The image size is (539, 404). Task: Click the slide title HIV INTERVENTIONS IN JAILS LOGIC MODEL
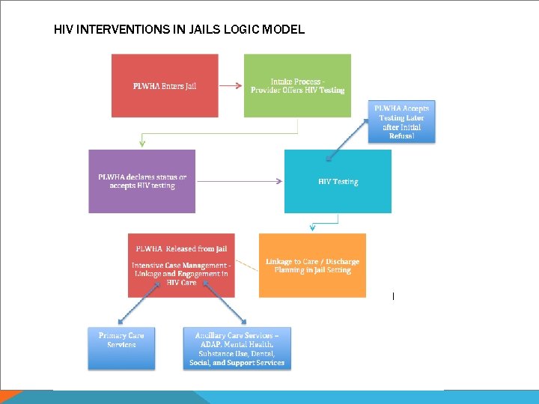click(x=179, y=30)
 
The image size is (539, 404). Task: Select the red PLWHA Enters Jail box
click(x=165, y=85)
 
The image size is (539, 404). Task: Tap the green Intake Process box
click(x=297, y=85)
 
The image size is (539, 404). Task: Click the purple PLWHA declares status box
click(x=142, y=181)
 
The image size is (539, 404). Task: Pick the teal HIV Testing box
click(x=338, y=181)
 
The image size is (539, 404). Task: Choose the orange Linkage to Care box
click(x=312, y=265)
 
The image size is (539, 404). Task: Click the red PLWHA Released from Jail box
click(x=181, y=265)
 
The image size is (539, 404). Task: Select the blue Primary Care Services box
click(x=121, y=348)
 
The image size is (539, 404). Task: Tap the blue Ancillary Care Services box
click(x=237, y=348)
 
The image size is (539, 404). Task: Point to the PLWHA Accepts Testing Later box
click(x=401, y=122)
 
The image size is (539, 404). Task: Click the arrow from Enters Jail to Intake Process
click(x=231, y=85)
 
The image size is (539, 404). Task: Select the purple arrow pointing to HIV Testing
click(x=240, y=181)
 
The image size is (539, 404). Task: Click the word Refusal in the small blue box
click(x=401, y=137)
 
